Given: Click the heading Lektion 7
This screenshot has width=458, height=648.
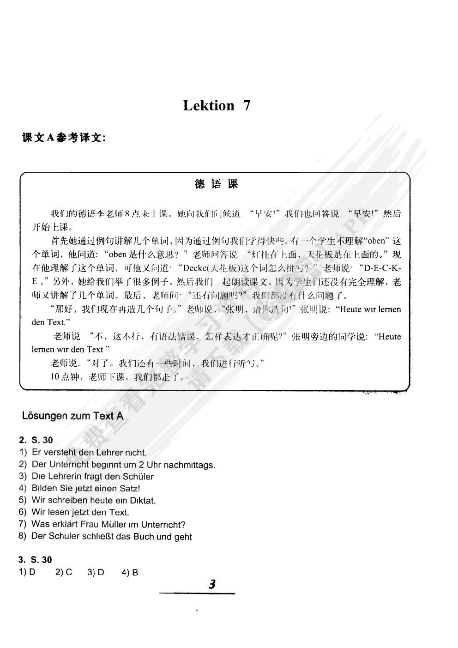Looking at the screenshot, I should [217, 106].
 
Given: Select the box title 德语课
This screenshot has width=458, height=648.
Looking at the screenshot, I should [216, 184].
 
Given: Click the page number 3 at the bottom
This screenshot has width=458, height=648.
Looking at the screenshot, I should [212, 584].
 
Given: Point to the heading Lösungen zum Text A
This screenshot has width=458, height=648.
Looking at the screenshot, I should [72, 416].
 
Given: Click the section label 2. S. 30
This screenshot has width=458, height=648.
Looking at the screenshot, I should [36, 440].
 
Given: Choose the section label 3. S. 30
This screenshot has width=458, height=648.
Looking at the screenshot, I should [35, 560].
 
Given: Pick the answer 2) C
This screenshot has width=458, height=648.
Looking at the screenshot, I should [64, 572].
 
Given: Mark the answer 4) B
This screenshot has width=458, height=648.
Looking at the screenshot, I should [130, 572].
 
